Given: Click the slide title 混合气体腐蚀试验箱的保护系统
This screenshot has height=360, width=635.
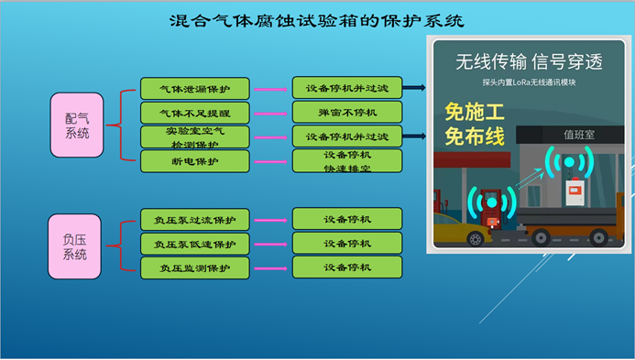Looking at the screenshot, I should point(317,19).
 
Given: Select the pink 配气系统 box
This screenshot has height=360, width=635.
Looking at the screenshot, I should point(77,125).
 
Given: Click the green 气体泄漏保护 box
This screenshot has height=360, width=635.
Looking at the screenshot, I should point(194,89).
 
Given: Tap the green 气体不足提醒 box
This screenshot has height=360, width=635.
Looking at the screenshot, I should point(194,113).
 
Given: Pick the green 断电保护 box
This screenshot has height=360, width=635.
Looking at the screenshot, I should point(194,161).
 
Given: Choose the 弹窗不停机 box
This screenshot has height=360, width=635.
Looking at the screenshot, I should point(346,113).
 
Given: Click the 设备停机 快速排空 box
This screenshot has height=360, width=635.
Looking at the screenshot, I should point(346,161).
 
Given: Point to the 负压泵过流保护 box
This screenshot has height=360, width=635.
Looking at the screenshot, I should point(194,220).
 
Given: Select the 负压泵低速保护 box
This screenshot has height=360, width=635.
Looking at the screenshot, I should point(194,244).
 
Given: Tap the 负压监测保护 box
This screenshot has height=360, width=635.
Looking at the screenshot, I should point(194,267).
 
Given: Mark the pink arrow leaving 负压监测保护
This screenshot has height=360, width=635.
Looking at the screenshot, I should point(270,267).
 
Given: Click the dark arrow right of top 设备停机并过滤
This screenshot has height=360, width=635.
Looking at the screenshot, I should point(413,89).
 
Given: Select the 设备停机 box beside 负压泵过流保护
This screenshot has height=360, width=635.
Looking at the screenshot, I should point(346,220).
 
